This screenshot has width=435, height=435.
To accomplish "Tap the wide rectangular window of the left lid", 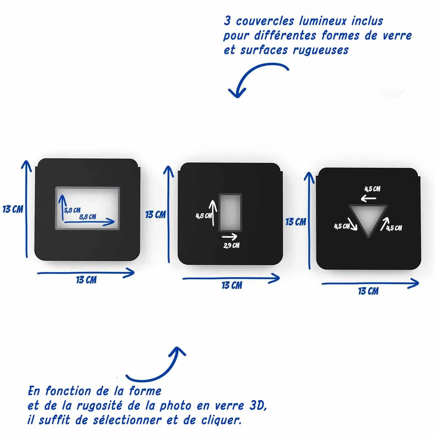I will [x=87, y=208].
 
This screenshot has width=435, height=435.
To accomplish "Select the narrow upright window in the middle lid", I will [x=230, y=212].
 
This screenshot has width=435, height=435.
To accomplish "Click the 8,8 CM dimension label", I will [x=88, y=217].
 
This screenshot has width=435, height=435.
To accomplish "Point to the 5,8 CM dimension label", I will [x=72, y=210].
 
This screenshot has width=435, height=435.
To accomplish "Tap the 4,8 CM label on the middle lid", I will [x=203, y=216].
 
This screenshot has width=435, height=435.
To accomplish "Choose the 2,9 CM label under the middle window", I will [x=231, y=245].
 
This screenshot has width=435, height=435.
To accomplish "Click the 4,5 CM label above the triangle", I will [x=372, y=189].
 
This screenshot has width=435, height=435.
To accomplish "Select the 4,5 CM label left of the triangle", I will [x=342, y=226].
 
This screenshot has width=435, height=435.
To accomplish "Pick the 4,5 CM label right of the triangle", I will [x=394, y=228].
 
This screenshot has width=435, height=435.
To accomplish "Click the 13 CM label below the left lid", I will [x=86, y=280].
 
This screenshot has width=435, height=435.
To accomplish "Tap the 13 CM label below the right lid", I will [x=368, y=291].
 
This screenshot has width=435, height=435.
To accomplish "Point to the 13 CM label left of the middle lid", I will [x=156, y=215].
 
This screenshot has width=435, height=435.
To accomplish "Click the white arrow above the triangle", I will [x=369, y=198].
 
